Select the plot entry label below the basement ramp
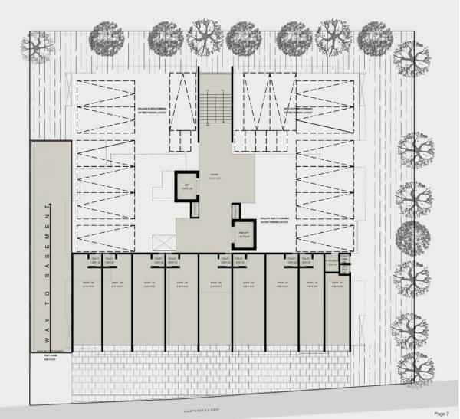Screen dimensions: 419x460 pyautogui.click(x=51, y=357)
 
